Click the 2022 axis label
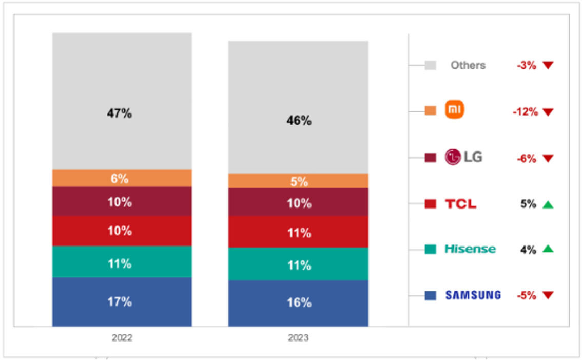pyautogui.click(x=122, y=338)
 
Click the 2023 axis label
pyautogui.click(x=298, y=338)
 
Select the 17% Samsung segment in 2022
pyautogui.click(x=122, y=302)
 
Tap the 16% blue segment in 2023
pyautogui.click(x=298, y=303)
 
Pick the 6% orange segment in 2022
pyautogui.click(x=122, y=179)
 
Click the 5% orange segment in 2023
pyautogui.click(x=298, y=181)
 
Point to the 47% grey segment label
pyautogui.click(x=120, y=113)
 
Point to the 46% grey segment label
pyautogui.click(x=299, y=121)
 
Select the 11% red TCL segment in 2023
pyautogui.click(x=298, y=233)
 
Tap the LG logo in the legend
pyautogui.click(x=463, y=157)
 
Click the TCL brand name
pyautogui.click(x=460, y=204)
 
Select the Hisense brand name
pyautogui.click(x=470, y=250)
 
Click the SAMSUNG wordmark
pyautogui.click(x=473, y=295)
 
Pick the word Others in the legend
pyautogui.click(x=468, y=66)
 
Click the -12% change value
pyautogui.click(x=525, y=112)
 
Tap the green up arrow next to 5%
pyautogui.click(x=548, y=205)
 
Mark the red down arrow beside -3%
pyautogui.click(x=548, y=66)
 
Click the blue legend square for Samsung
pyautogui.click(x=431, y=296)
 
